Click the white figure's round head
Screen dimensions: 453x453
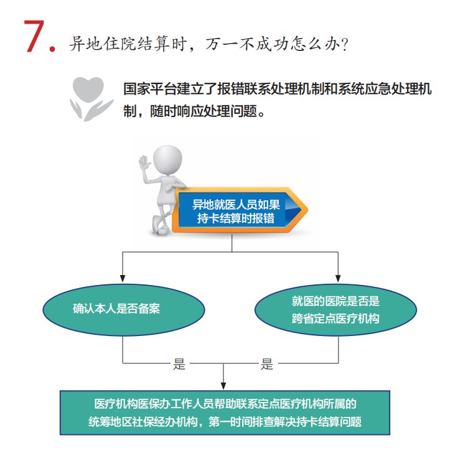coord(167,160)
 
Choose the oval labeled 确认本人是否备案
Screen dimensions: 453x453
coord(124,309)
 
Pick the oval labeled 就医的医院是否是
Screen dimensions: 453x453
coord(335,310)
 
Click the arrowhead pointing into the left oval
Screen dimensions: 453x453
coord(123,278)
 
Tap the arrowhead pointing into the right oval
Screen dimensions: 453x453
coord(338,278)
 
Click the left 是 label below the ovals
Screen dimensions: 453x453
coord(179,364)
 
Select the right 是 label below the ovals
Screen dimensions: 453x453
coord(267,364)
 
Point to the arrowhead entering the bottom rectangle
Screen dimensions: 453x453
coord(223,386)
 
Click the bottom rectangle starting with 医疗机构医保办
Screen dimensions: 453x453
coord(225,413)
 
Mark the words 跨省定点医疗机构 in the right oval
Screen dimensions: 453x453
coord(335,319)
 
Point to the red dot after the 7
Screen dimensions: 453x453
coord(52,49)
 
